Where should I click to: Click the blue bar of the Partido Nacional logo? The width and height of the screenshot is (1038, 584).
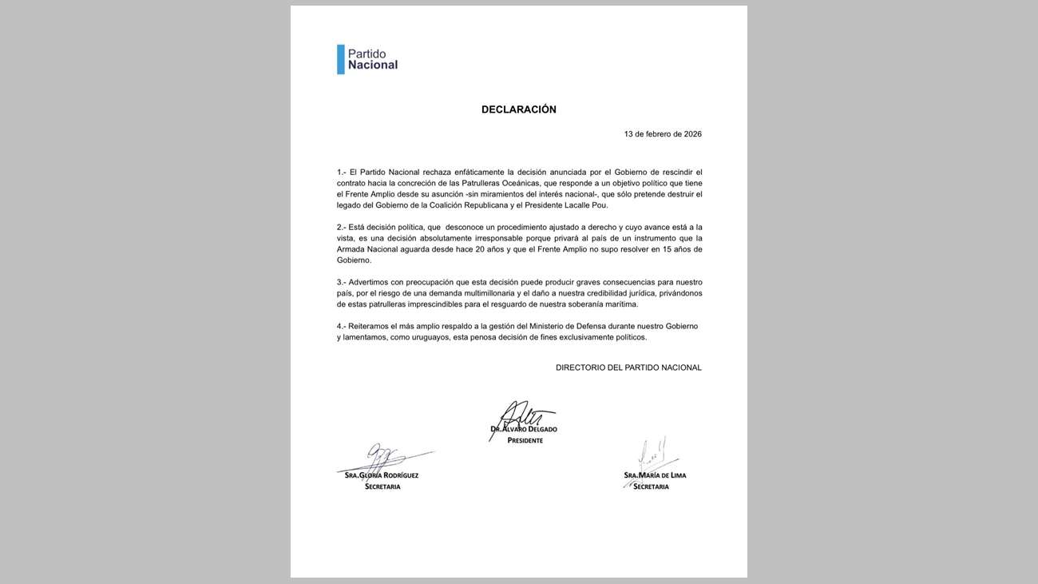(341, 59)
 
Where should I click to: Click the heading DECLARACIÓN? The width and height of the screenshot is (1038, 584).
(518, 109)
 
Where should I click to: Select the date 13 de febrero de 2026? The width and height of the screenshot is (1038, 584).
(663, 134)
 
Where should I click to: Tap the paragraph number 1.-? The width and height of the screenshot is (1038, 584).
(342, 172)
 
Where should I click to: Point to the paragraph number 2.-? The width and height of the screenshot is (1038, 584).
(342, 227)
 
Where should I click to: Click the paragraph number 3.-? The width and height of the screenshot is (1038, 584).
(342, 282)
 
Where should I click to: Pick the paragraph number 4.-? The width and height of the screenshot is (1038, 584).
(342, 326)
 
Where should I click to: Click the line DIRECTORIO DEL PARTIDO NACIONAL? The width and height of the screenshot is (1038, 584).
(628, 367)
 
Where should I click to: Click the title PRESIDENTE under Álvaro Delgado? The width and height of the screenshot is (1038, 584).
(525, 440)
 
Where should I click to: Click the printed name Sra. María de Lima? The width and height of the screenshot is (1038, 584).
(655, 475)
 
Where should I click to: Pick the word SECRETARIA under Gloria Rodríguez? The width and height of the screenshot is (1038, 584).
(382, 487)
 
